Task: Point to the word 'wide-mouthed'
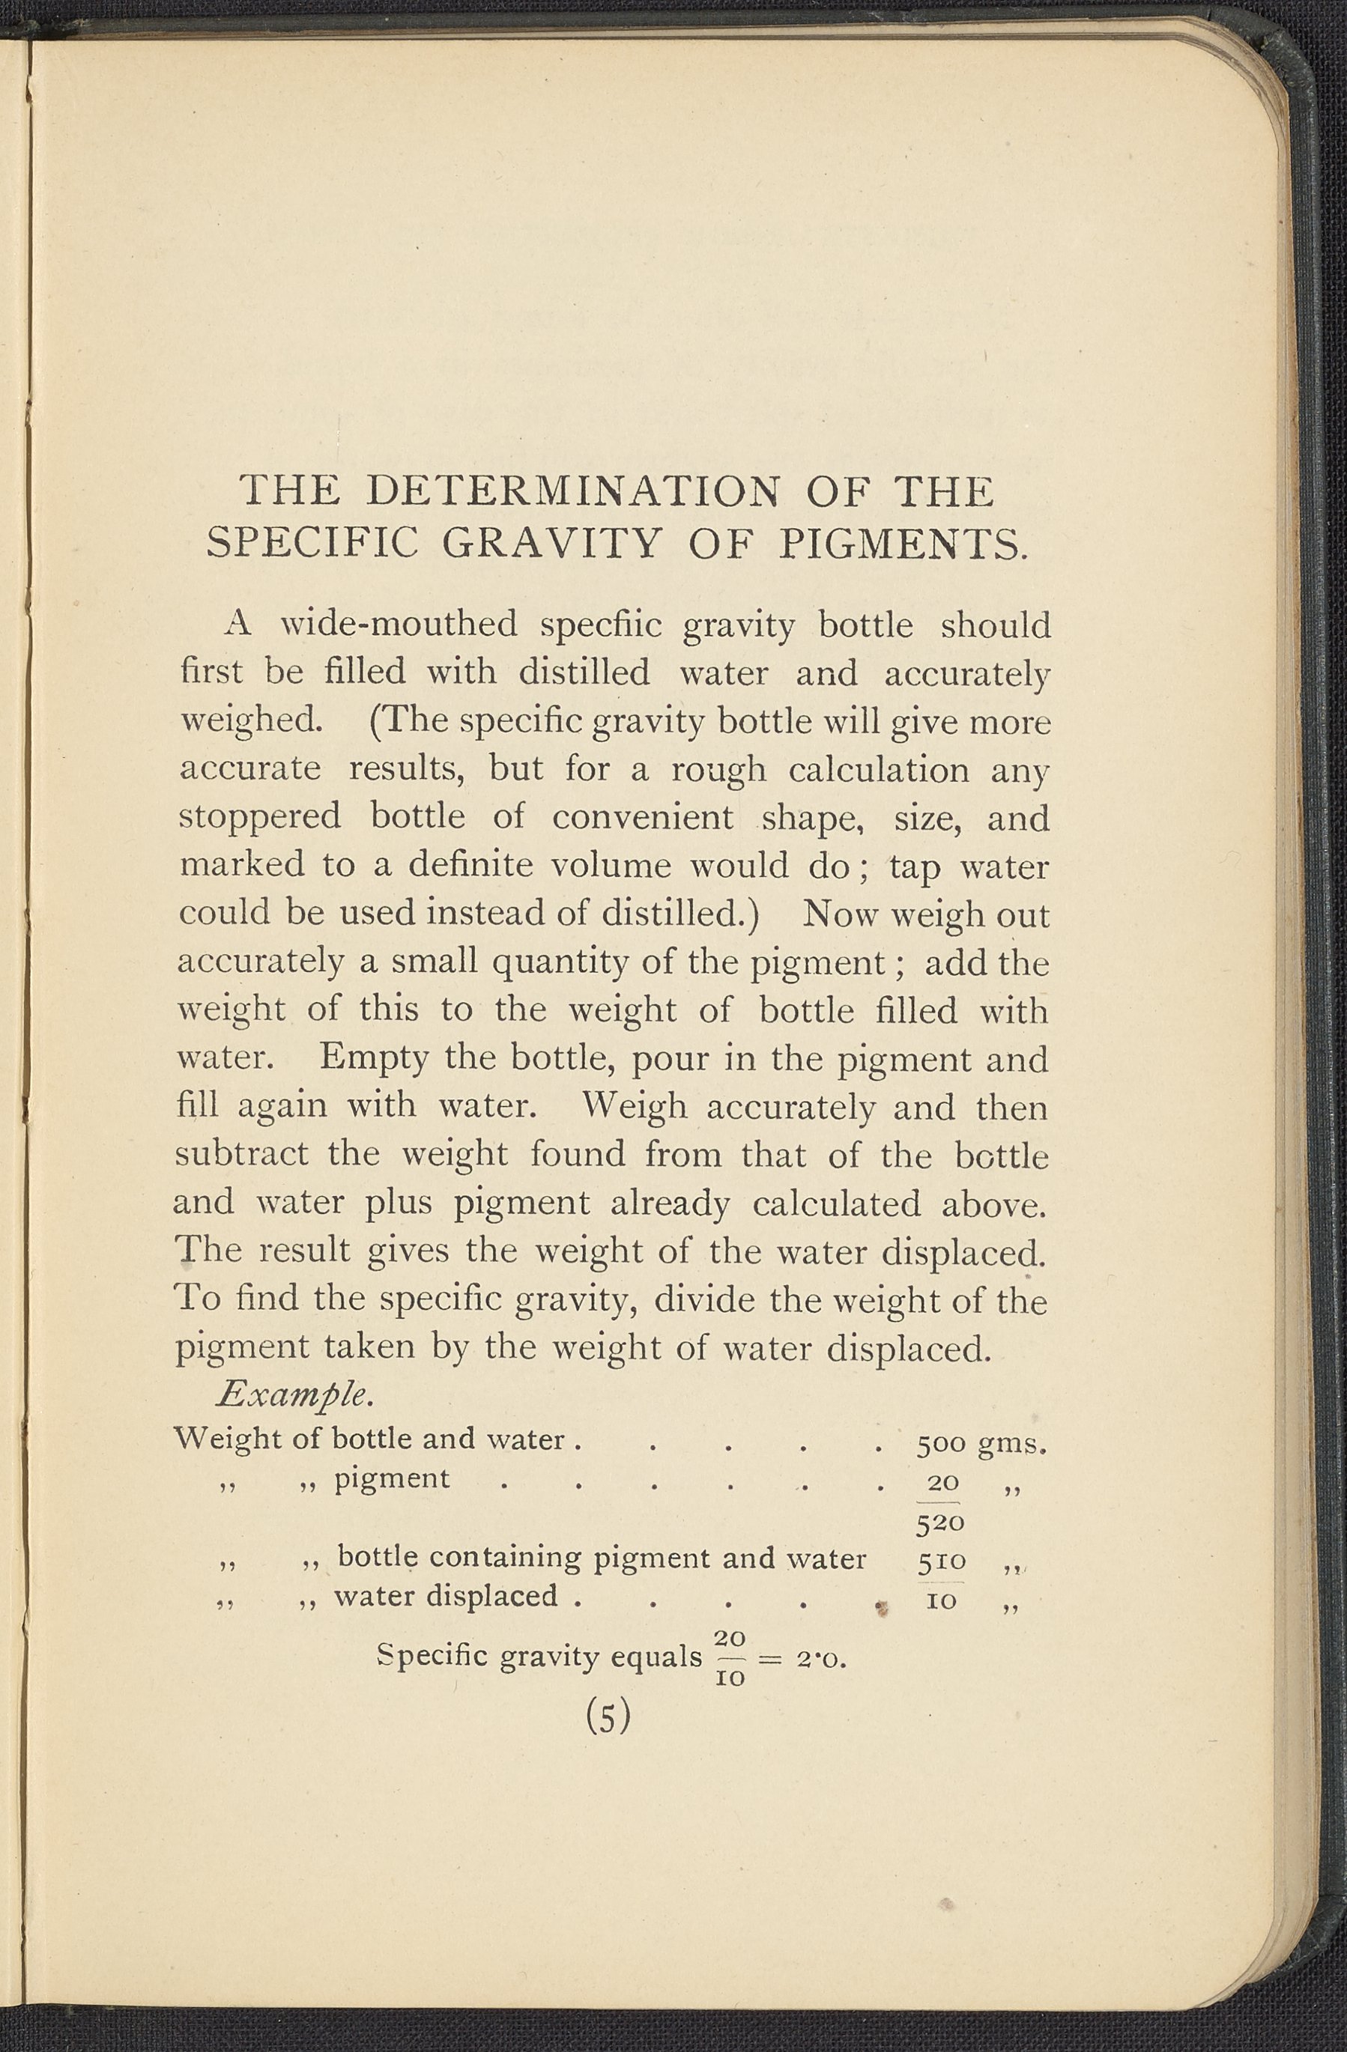coord(399,625)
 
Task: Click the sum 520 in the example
coord(939,1523)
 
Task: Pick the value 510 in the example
coord(942,1561)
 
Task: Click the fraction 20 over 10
coord(730,1658)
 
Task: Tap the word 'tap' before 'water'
coord(913,866)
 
